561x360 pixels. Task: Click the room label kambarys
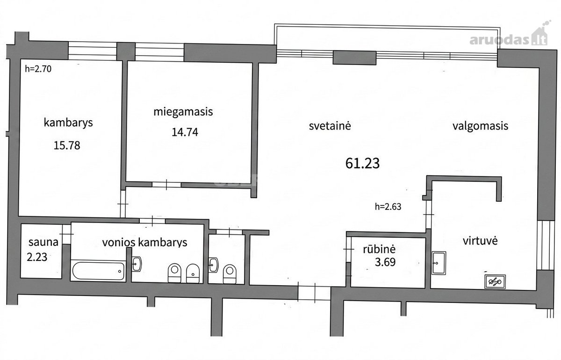pos(68,123)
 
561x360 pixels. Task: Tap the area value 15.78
pos(67,145)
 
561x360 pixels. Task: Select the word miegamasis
pos(183,112)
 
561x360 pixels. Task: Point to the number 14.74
pos(185,132)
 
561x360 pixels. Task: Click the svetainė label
pos(330,126)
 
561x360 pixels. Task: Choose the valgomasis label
pos(481,126)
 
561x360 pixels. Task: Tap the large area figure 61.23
pos(362,163)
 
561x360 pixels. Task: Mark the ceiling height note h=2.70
pos(38,69)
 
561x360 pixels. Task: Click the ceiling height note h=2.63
pos(388,207)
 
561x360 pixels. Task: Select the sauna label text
pos(43,242)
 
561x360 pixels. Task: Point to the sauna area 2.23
pos(37,257)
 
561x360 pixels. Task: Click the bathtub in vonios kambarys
pos(98,271)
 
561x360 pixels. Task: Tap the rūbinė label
pos(379,249)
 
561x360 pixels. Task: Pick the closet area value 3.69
pos(385,262)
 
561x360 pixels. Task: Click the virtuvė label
pos(480,241)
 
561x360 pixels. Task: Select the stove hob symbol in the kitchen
pos(495,282)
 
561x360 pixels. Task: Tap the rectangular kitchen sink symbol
pos(439,263)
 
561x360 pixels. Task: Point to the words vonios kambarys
pos(144,243)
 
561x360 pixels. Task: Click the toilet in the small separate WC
pos(230,274)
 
